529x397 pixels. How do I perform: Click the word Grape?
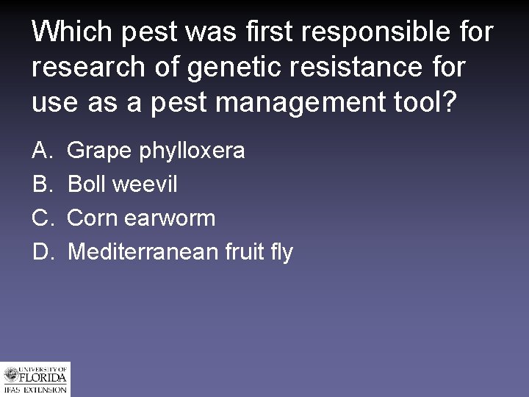[x=98, y=152]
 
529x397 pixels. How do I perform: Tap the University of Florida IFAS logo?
[x=35, y=379]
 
